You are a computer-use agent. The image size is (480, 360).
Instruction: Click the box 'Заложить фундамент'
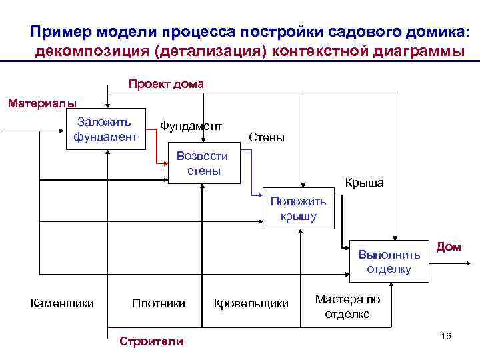point(105,129)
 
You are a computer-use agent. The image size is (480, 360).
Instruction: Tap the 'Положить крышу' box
point(298,209)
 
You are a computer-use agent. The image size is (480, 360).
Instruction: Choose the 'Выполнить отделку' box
point(389,261)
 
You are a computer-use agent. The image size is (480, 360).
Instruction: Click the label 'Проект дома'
point(166,84)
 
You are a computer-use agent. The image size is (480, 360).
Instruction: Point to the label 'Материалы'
point(41,103)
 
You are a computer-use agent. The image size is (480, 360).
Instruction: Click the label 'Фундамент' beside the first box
point(191,125)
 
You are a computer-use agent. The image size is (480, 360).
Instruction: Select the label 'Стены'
point(266,137)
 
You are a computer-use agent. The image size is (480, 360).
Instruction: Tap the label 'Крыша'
point(364,183)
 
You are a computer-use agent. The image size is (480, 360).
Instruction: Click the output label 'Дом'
point(449,247)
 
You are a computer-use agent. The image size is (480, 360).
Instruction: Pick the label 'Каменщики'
point(62,303)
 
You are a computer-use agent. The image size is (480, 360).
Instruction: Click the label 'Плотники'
point(159,303)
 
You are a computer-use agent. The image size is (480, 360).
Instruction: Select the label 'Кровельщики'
point(251,303)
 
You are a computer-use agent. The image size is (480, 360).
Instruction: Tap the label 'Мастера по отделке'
point(347,307)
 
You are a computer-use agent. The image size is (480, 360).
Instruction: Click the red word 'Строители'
point(151,341)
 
